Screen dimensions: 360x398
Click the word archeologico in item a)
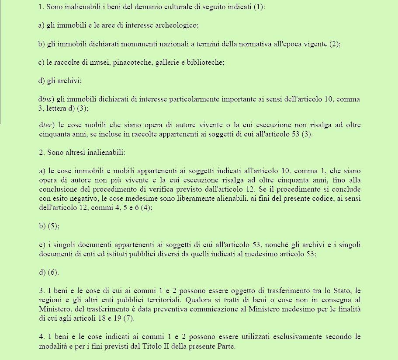click(179, 25)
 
